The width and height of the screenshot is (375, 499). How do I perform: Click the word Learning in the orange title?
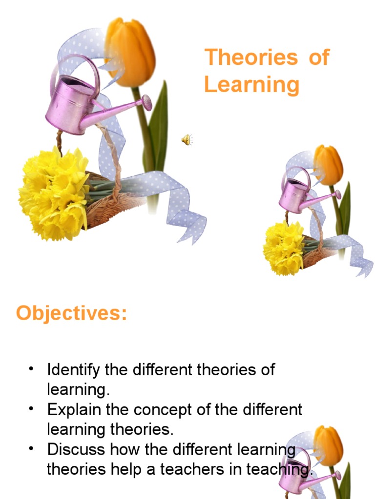pos(251,84)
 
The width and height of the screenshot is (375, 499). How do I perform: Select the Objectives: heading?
pos(71,313)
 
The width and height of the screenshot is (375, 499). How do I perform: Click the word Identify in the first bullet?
pos(74,370)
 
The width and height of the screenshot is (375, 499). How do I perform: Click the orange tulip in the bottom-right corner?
pos(328,444)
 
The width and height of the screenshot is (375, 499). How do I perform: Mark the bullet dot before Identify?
pos(32,368)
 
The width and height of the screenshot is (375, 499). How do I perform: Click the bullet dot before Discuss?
pos(32,447)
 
